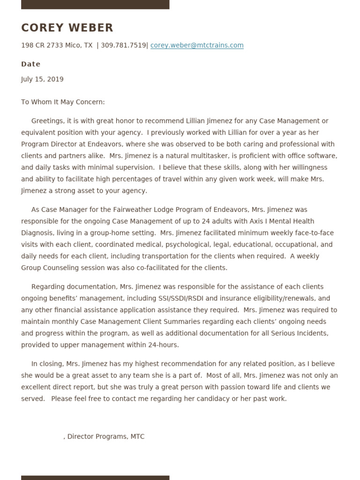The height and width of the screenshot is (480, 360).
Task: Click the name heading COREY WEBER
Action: [x=67, y=28]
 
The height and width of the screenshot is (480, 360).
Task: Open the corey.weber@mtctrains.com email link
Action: [x=197, y=45]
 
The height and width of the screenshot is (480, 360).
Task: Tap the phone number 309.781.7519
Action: [x=123, y=45]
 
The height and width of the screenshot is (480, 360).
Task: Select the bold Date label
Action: [x=31, y=64]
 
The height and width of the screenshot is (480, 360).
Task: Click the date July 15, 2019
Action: [x=42, y=79]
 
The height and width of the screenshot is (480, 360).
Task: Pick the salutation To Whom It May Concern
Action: [x=63, y=102]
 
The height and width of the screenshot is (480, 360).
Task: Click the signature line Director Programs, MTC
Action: [x=105, y=436]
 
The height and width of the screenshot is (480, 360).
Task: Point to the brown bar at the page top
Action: [x=95, y=4]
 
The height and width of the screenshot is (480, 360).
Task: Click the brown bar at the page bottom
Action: [x=95, y=477]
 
